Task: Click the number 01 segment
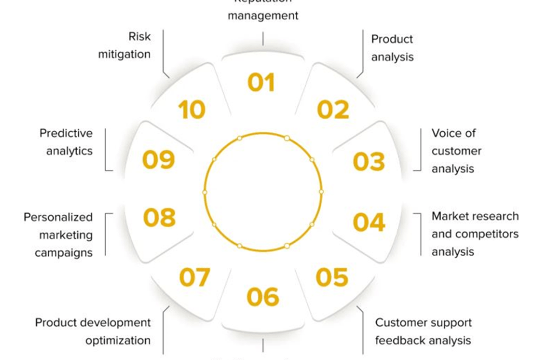(261, 82)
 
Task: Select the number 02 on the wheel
(333, 110)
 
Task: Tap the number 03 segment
(369, 162)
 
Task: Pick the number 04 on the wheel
(369, 222)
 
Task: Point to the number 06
(263, 297)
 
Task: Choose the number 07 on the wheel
(194, 277)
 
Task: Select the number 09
(158, 160)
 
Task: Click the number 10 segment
(192, 110)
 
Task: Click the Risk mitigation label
(125, 46)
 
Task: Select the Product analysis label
(392, 48)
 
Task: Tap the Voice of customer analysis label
(456, 151)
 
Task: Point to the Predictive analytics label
(66, 142)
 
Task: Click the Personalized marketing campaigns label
(58, 234)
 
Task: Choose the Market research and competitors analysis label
(475, 234)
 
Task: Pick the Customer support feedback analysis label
(423, 331)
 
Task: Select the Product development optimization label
(93, 331)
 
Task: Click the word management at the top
(263, 15)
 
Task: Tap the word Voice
(447, 133)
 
